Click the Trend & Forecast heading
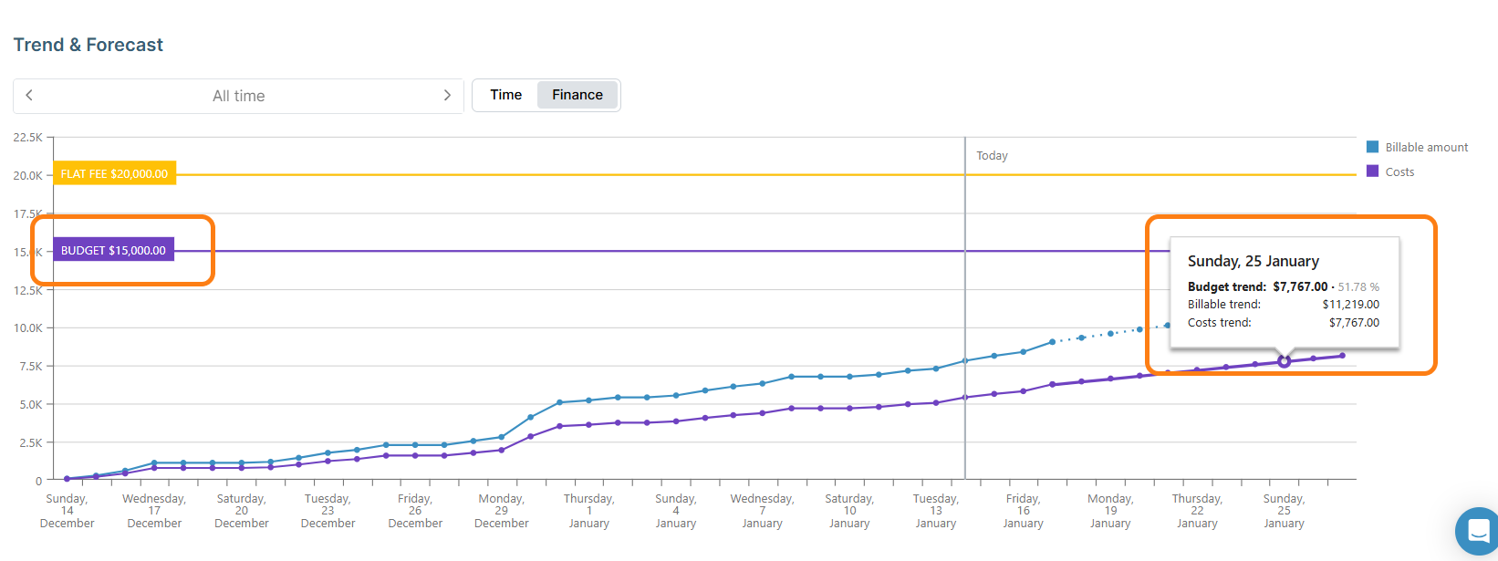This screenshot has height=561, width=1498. [88, 45]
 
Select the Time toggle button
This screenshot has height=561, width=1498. [505, 95]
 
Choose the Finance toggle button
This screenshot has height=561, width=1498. [577, 95]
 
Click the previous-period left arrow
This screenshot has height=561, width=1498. [29, 96]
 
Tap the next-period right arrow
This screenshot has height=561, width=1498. [447, 96]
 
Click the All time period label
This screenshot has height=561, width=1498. [238, 96]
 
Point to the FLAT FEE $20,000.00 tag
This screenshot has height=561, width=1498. [114, 173]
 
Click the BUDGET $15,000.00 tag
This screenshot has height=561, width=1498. [113, 250]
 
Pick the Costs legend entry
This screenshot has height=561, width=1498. [1399, 171]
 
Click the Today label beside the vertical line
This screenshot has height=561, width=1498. [992, 156]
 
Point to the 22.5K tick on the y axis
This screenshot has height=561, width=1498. [27, 137]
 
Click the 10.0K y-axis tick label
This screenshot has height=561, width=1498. [27, 327]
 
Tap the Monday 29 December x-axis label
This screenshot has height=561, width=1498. [501, 511]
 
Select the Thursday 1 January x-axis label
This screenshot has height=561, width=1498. [588, 511]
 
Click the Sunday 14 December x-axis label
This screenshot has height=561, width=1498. [67, 511]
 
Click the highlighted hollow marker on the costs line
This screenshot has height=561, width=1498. [1284, 361]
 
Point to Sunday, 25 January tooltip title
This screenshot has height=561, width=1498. [1253, 261]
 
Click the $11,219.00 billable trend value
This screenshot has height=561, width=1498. [1350, 305]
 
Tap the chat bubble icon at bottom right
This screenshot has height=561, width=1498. [1478, 530]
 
